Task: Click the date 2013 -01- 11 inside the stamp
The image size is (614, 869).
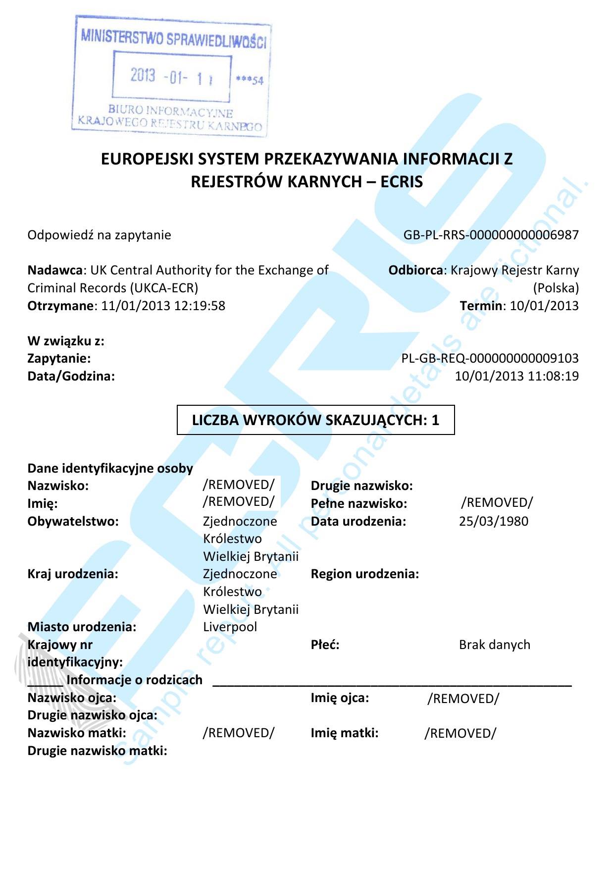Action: coord(171,77)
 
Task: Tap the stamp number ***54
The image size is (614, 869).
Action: coord(250,80)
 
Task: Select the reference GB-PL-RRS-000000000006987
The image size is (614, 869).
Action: coord(491,235)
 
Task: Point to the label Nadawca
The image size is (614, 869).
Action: coord(54,270)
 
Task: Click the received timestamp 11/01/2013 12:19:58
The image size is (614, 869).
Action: coord(163,306)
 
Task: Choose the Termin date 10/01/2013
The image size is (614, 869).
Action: coord(544,306)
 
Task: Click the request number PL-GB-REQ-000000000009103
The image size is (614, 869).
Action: coord(490,358)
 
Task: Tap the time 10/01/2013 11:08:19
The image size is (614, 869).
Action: coord(516,376)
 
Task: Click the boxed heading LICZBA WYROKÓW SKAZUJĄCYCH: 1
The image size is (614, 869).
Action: coord(315,420)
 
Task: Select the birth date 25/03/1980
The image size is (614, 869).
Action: coord(493,521)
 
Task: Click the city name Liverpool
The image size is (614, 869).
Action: coord(230,627)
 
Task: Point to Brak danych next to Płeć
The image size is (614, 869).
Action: coord(494,645)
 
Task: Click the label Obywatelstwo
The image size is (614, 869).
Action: coord(73,521)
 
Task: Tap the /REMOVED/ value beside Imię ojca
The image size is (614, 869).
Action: coord(463,699)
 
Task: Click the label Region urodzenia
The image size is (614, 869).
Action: coord(364,574)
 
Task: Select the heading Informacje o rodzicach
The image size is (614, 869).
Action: coord(134,680)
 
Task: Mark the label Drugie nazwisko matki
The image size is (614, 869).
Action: coord(97,751)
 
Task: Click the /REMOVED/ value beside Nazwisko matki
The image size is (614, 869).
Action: coord(238,733)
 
